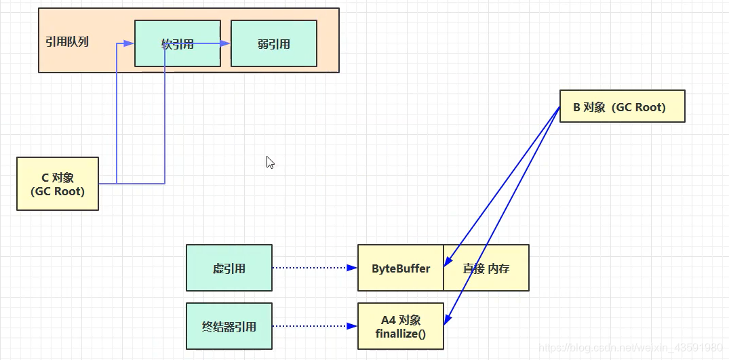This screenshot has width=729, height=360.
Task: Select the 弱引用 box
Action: [274, 43]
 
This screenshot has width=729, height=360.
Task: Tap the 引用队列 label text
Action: [67, 41]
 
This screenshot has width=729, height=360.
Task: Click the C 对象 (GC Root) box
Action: [58, 184]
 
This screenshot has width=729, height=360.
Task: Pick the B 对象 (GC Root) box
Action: [623, 106]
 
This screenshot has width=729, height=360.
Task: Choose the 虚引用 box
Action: [229, 268]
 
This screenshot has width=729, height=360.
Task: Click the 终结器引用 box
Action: [229, 326]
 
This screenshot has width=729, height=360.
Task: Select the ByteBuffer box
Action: [401, 268]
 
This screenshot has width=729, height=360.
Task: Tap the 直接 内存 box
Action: [486, 268]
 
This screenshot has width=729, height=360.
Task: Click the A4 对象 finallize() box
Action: [401, 326]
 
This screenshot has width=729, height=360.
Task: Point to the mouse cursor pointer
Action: [270, 162]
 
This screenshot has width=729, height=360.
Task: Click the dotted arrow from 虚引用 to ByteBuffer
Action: [315, 268]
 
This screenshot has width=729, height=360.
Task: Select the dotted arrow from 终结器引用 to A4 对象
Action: [315, 326]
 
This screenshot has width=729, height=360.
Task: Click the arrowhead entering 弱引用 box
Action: [226, 43]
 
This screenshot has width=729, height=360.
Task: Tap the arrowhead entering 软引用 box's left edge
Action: [130, 43]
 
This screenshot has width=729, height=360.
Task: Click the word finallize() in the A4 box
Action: [401, 334]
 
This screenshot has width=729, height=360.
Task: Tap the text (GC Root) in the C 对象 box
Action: [58, 191]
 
